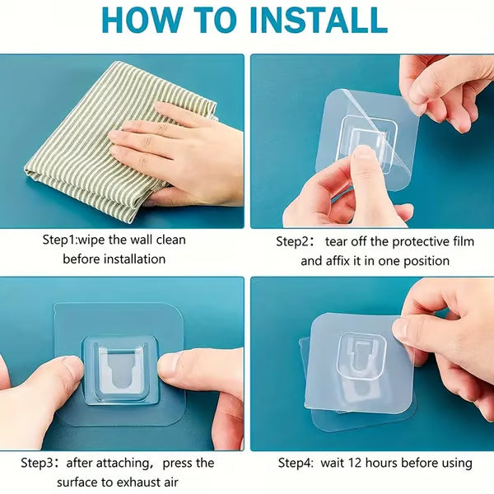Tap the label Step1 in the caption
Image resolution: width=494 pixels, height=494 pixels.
coord(61,240)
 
